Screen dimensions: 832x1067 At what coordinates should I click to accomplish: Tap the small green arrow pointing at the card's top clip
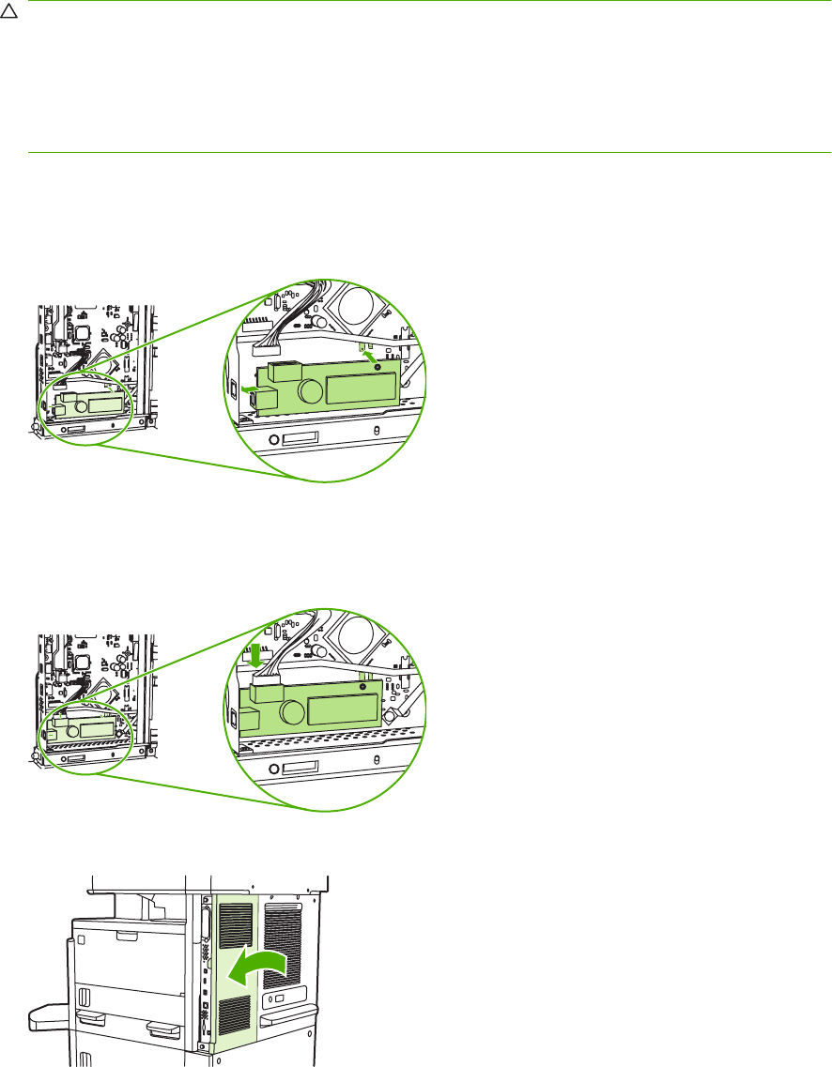point(372,356)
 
